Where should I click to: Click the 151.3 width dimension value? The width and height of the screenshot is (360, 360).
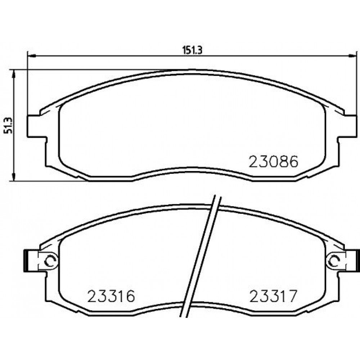point(192,50)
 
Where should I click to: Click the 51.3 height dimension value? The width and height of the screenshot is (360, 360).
point(8,125)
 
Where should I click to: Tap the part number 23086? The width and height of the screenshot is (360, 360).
point(274,162)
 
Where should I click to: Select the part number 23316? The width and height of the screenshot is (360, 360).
point(111,296)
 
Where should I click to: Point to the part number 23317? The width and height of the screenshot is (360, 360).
point(273,296)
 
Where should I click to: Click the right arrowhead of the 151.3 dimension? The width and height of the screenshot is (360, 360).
point(353,55)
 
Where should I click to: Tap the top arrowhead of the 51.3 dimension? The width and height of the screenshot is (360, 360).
point(14,74)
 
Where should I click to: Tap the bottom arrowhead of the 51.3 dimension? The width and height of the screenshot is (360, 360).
point(14,176)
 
